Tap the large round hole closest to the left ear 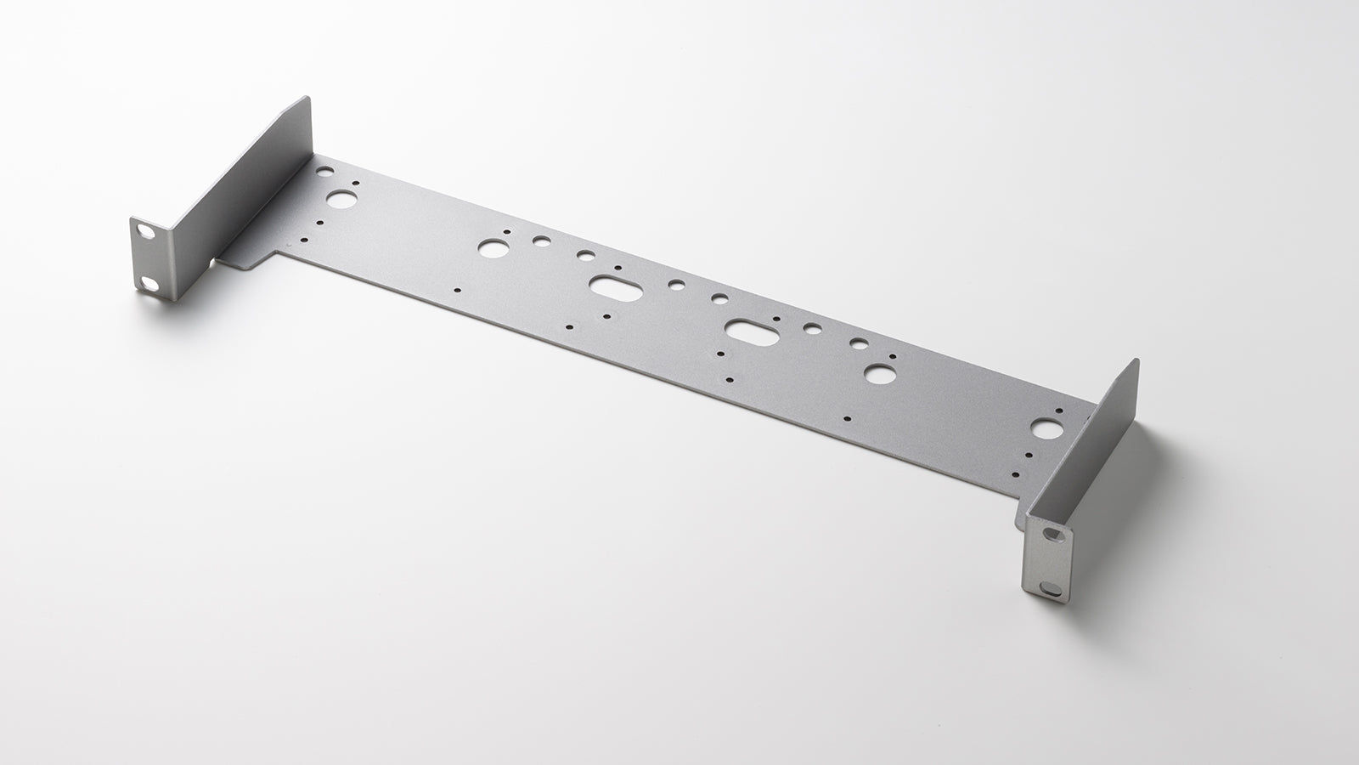point(341,200)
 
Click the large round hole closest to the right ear point(1042,429)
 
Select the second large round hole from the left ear point(490,248)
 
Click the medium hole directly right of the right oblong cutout point(813,328)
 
